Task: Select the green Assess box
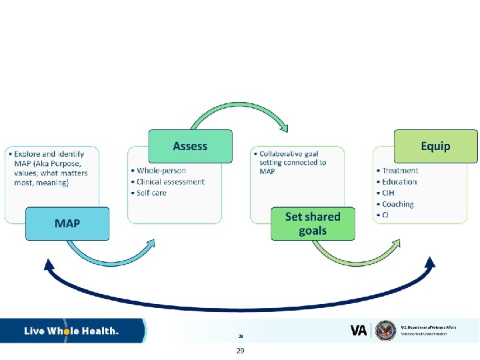[190, 146]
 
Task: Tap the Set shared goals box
[313, 223]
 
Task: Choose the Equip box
[435, 146]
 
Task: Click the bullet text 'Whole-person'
[161, 171]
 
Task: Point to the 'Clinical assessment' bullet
[171, 182]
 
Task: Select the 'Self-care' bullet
[151, 193]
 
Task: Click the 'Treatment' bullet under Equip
[400, 171]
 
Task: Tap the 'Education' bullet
[399, 182]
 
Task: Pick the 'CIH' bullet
[388, 193]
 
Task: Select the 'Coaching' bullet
[398, 204]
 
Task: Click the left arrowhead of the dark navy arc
[49, 265]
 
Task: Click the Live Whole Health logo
[72, 331]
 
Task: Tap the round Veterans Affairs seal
[386, 331]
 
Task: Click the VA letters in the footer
[359, 331]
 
